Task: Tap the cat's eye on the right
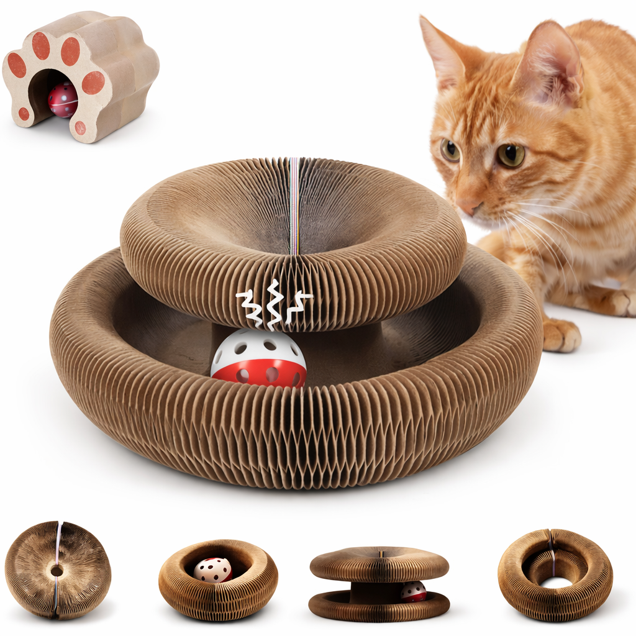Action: click(511, 155)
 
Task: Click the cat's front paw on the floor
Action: click(561, 335)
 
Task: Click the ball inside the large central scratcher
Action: click(258, 359)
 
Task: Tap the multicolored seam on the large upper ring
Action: click(294, 205)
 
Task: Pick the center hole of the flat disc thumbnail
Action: click(57, 570)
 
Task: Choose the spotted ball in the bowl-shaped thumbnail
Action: click(212, 569)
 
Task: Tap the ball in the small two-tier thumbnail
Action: click(414, 591)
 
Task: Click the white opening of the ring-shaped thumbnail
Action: click(555, 583)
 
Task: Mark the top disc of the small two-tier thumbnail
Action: click(379, 564)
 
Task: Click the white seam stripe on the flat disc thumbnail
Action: click(58, 540)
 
